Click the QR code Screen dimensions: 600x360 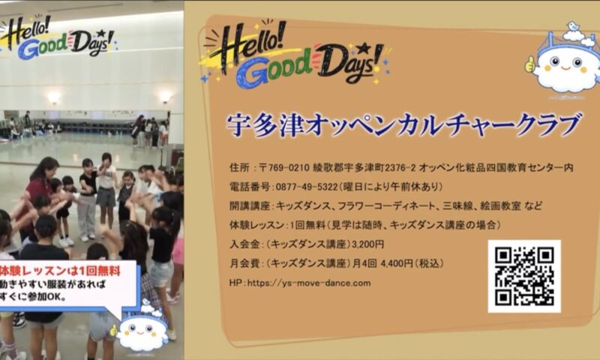point(524,276)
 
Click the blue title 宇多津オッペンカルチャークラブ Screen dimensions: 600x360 point(404,125)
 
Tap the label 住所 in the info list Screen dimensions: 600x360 point(239,167)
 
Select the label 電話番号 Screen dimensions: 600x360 point(250,187)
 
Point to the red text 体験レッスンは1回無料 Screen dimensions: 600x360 point(60,271)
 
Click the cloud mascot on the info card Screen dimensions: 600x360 point(565,62)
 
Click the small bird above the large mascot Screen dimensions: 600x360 point(573,26)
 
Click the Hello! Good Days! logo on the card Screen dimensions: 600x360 point(295,54)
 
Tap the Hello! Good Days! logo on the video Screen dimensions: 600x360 point(58,37)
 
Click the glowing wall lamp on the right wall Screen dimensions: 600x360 point(165,98)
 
